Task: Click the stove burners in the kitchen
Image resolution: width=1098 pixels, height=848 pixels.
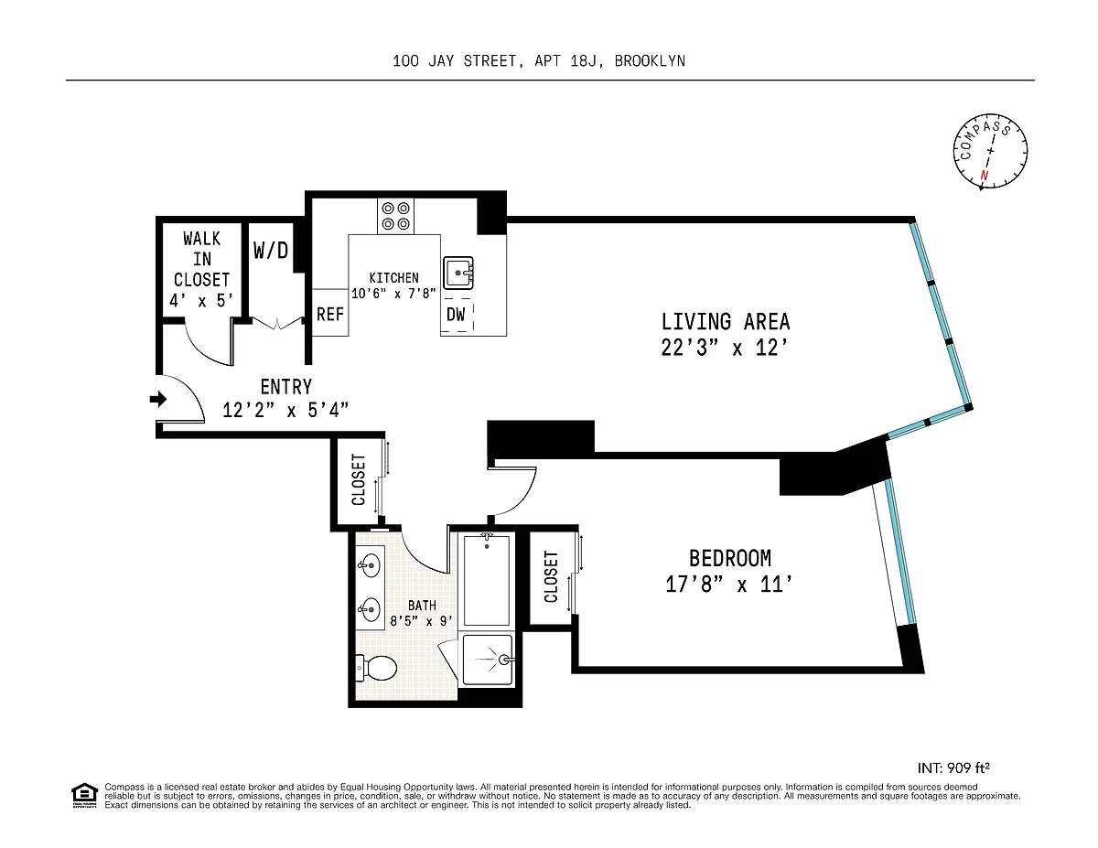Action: click(395, 216)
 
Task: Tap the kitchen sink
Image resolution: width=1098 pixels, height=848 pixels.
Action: click(458, 273)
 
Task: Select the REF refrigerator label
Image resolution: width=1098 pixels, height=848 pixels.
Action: click(330, 314)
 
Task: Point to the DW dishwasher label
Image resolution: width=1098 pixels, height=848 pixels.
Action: click(456, 315)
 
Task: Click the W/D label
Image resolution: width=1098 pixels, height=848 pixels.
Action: click(271, 250)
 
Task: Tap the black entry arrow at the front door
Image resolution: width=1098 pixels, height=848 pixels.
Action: click(158, 399)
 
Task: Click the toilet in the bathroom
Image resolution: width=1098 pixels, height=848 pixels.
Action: click(376, 668)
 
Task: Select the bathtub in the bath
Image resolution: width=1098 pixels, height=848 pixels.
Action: click(487, 581)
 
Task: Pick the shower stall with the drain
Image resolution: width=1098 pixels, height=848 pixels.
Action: click(488, 660)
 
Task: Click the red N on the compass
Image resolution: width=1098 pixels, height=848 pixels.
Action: click(985, 176)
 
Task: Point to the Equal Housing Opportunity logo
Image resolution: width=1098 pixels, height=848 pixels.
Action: click(84, 796)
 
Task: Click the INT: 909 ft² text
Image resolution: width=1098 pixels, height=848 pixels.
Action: click(953, 767)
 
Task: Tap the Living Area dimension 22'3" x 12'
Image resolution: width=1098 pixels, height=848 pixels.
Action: click(725, 348)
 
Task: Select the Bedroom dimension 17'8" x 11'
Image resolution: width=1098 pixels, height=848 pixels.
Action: click(728, 585)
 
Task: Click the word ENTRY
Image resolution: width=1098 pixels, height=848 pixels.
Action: click(286, 387)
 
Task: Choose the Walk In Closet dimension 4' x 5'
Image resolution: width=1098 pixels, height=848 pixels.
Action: click(201, 301)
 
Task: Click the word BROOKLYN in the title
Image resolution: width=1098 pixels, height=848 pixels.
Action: click(650, 61)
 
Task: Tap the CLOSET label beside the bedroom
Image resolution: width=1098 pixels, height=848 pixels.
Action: click(551, 577)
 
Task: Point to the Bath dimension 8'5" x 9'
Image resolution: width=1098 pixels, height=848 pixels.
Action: click(422, 621)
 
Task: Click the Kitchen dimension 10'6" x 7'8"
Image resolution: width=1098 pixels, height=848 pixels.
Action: click(393, 294)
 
